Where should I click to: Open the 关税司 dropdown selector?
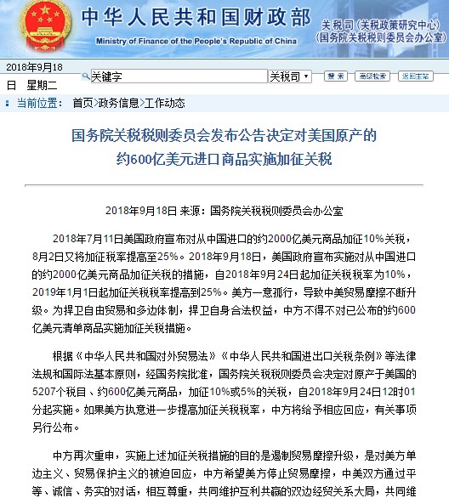288,76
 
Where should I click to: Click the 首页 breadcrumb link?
82,103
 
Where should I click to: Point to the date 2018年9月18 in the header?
35,66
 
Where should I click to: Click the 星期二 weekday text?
42,85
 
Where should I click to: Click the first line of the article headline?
224,136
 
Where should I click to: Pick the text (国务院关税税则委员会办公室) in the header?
380,37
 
